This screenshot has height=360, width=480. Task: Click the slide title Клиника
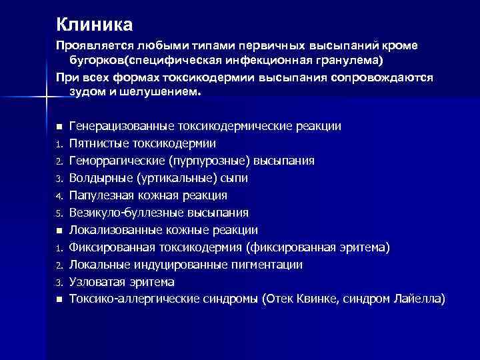(x=94, y=25)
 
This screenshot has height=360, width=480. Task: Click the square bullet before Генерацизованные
(x=59, y=126)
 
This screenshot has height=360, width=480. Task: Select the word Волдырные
(x=99, y=178)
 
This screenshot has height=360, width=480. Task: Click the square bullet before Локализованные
(x=59, y=231)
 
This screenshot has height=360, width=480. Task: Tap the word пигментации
(x=270, y=265)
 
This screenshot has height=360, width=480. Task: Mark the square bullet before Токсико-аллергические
(x=59, y=300)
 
